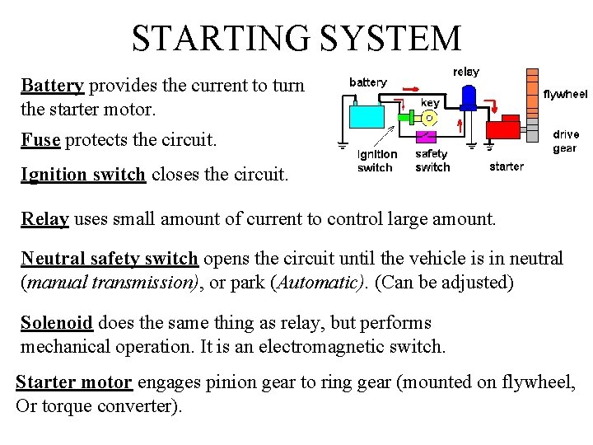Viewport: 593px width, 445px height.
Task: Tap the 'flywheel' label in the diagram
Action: [566, 95]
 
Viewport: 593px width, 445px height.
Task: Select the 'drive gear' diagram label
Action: [566, 141]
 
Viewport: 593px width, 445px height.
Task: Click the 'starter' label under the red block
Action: [507, 166]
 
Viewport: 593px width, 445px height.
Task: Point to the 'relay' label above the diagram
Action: [466, 72]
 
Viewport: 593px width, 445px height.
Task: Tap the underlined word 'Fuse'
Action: [41, 139]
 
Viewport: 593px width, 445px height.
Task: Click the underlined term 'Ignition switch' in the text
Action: [83, 174]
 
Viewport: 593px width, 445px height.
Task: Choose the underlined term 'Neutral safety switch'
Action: [110, 259]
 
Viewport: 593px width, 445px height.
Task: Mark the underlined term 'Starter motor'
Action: [74, 382]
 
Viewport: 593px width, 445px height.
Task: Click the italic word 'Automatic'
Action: [323, 282]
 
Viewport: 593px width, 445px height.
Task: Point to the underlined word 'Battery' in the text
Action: [53, 86]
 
